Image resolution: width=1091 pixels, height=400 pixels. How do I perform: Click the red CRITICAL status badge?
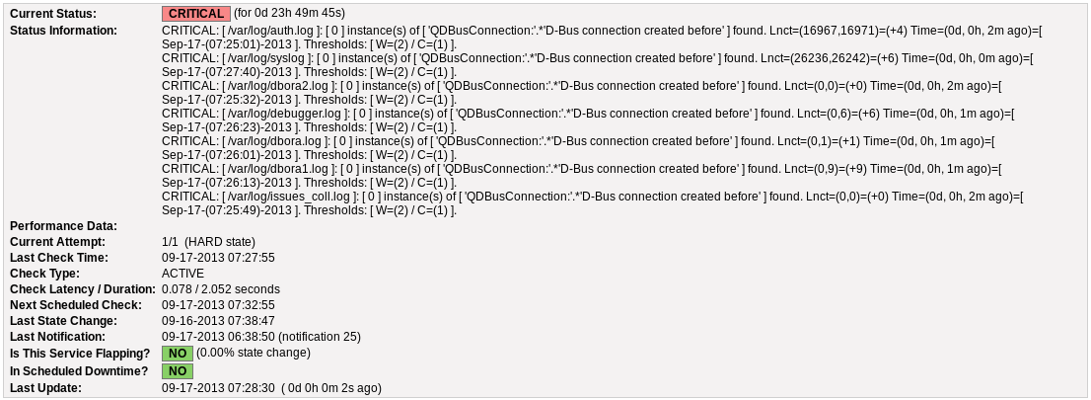coord(195,13)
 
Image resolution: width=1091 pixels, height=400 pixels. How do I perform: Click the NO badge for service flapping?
coord(178,354)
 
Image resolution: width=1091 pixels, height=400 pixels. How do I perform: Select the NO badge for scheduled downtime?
coord(178,371)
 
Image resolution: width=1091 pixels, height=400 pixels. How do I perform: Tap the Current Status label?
coord(53,13)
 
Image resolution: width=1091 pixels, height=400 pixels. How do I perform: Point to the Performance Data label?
coord(63,226)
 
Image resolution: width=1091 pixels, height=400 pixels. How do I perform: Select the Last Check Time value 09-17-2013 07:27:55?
coord(218,258)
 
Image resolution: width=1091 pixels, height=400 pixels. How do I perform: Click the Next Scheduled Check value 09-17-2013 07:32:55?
coord(218,305)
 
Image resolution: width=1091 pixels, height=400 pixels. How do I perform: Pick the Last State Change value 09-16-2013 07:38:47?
coord(218,321)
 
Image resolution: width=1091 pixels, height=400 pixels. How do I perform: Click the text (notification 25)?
coord(320,337)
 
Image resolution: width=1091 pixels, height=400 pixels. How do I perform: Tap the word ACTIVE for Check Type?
coord(183,274)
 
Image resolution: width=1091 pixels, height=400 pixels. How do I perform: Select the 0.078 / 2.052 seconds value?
coord(221,289)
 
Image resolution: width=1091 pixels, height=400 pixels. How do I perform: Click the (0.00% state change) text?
coord(254,353)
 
